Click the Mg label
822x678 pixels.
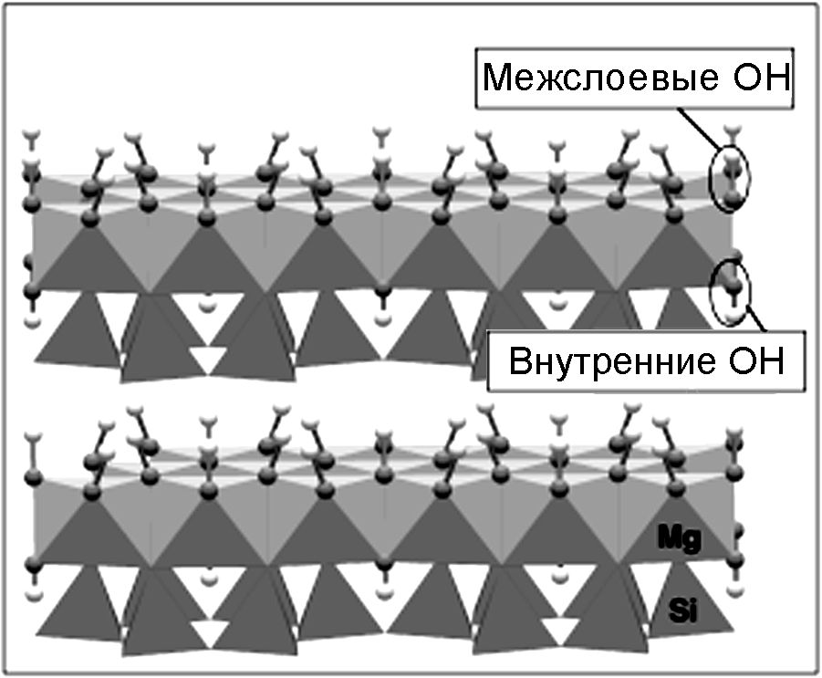(x=679, y=540)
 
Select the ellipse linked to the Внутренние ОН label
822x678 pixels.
(x=732, y=291)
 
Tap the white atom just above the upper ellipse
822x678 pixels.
(x=730, y=129)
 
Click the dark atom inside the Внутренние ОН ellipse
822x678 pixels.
(x=732, y=291)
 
